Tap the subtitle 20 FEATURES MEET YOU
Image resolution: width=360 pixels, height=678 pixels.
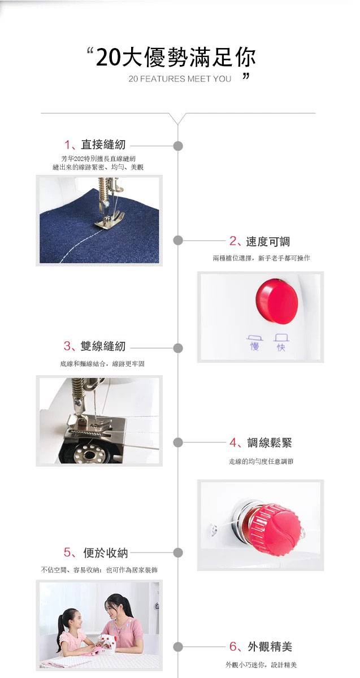tap(180, 79)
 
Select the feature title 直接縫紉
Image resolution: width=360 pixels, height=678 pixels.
tap(103, 145)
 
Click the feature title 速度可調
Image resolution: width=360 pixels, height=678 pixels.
tap(268, 241)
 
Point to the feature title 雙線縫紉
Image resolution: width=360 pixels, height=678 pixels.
tap(103, 346)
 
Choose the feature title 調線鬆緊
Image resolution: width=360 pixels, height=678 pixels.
tap(270, 442)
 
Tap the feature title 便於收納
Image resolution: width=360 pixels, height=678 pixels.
tap(106, 553)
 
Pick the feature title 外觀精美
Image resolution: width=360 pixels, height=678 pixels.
tap(270, 646)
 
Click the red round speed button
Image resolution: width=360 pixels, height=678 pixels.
tap(277, 301)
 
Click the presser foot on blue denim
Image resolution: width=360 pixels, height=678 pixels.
tap(110, 219)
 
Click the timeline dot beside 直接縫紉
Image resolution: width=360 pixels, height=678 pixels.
tap(178, 146)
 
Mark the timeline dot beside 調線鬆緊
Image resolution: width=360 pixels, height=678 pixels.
tap(178, 442)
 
